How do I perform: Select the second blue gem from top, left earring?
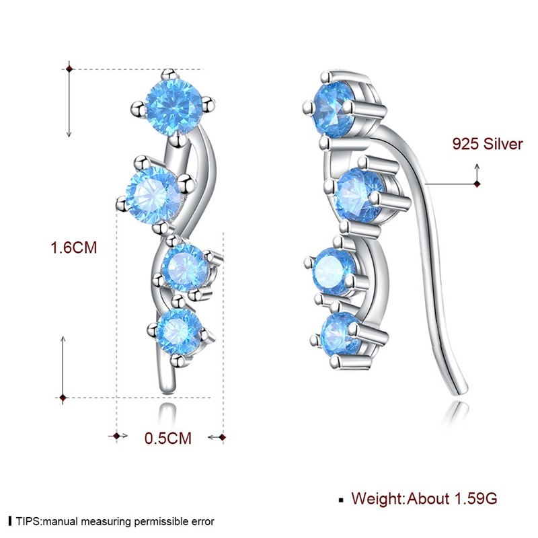tap(153, 195)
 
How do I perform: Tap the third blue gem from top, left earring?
tap(186, 266)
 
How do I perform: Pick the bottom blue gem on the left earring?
tap(180, 330)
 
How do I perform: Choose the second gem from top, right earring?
tap(359, 194)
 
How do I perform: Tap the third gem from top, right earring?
tap(335, 270)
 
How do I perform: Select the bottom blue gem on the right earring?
tap(340, 334)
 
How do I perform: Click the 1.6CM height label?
tap(75, 247)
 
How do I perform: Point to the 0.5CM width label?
tap(168, 438)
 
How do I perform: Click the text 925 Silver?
tap(487, 144)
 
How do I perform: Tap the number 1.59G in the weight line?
tap(474, 498)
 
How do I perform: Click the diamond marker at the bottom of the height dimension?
tap(63, 397)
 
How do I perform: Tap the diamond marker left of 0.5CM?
tap(118, 437)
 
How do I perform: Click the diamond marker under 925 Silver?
tap(477, 183)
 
